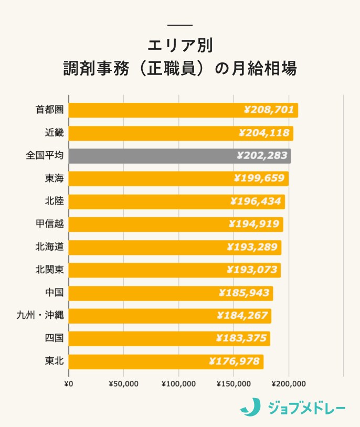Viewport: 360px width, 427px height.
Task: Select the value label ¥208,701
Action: click(269, 110)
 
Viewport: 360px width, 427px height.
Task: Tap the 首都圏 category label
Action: click(49, 110)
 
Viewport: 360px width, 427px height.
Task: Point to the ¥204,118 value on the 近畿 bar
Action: click(264, 133)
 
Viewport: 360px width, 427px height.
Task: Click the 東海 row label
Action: click(54, 179)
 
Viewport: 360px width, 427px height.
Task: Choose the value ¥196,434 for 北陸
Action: click(256, 201)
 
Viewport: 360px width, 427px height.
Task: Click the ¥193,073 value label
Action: click(251, 270)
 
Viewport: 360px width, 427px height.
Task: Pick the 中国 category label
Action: click(54, 293)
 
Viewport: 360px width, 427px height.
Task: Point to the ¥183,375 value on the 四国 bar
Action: click(241, 338)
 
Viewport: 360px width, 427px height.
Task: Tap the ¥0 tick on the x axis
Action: click(68, 383)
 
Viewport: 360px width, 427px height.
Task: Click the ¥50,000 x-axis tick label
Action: click(123, 383)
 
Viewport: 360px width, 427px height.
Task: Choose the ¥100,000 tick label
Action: click(178, 383)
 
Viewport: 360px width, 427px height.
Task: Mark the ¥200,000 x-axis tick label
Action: click(289, 383)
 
